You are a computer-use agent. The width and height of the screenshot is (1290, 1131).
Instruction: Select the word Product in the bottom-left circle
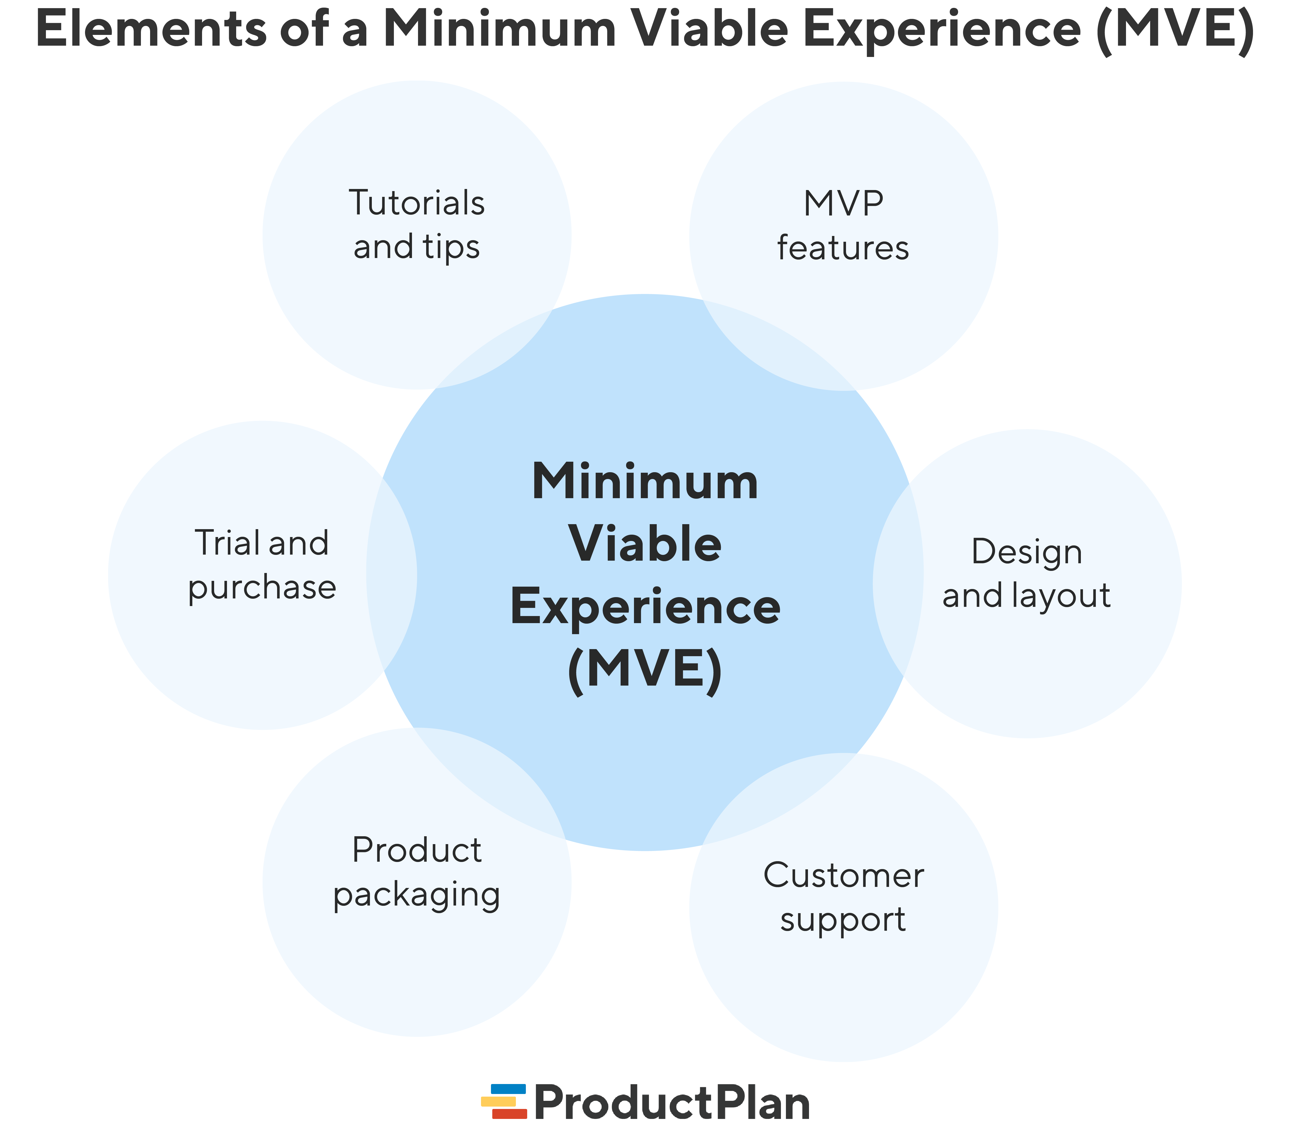point(416,850)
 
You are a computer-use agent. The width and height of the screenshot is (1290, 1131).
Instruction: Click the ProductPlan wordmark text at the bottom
point(672,1103)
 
